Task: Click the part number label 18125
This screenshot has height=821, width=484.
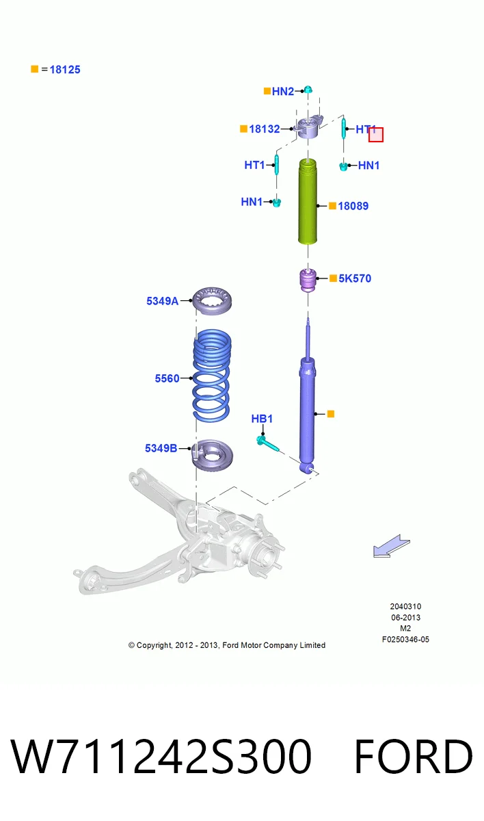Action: [x=65, y=70]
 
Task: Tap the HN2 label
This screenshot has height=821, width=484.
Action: [x=282, y=91]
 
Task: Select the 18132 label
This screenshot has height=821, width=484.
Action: [x=265, y=129]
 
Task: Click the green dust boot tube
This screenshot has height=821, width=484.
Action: [x=308, y=201]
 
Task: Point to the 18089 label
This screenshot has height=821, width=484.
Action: [x=353, y=206]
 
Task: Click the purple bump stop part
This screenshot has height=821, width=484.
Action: [x=308, y=281]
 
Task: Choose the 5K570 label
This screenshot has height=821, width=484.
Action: [x=355, y=278]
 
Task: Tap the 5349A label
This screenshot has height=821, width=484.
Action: [x=162, y=301]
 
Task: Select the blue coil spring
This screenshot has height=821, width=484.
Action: [x=212, y=376]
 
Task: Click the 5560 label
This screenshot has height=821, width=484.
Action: [x=167, y=378]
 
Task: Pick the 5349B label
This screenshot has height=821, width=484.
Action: [x=161, y=448]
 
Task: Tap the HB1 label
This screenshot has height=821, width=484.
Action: [x=262, y=419]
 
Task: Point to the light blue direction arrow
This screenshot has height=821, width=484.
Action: [x=392, y=546]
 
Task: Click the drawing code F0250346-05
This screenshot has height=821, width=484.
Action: [x=405, y=640]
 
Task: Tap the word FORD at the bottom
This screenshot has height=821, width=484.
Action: [x=414, y=756]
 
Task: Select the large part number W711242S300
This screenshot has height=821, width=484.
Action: [x=161, y=756]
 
